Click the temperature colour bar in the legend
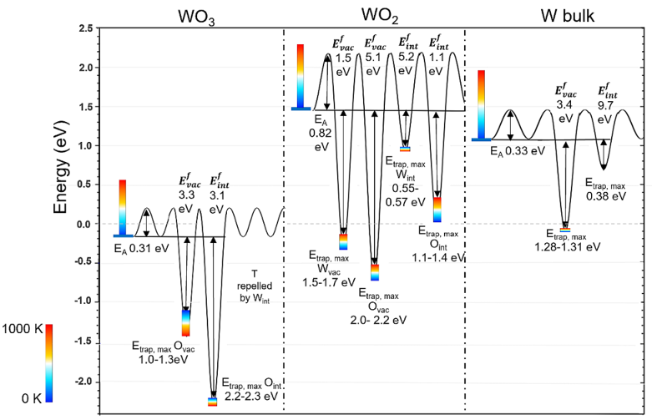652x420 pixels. point(50,362)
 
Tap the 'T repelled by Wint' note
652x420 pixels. point(265,284)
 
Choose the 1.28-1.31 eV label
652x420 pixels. point(568,247)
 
